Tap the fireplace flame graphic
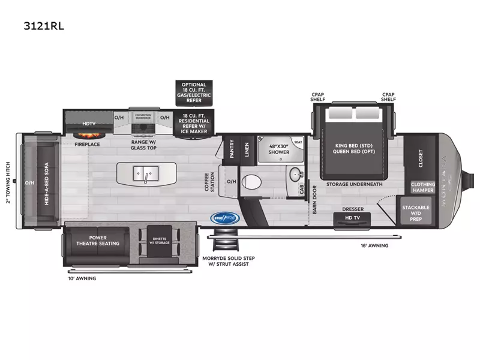pyautogui.click(x=87, y=133)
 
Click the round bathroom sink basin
pyautogui.click(x=295, y=176)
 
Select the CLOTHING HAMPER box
pyautogui.click(x=422, y=187)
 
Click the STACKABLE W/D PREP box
pyautogui.click(x=416, y=213)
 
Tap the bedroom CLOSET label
pyautogui.click(x=420, y=157)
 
